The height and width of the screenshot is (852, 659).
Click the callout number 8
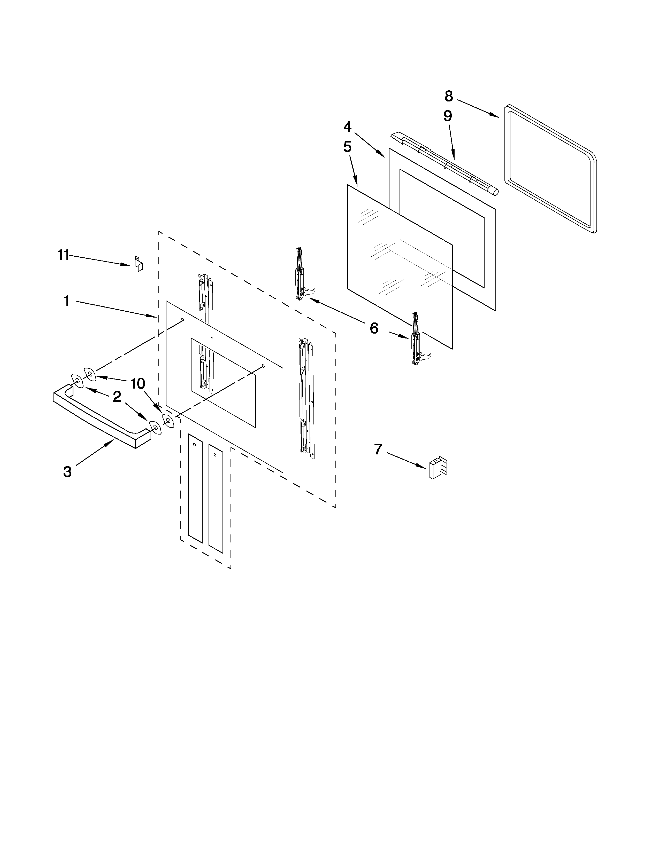[x=449, y=96]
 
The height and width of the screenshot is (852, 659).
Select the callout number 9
[x=447, y=116]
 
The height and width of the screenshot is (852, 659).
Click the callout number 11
[x=63, y=255]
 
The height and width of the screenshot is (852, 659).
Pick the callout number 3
[x=67, y=472]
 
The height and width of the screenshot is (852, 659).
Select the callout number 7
[x=378, y=449]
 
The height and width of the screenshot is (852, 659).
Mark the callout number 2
[x=117, y=397]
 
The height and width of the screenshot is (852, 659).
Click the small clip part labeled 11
[x=139, y=263]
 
